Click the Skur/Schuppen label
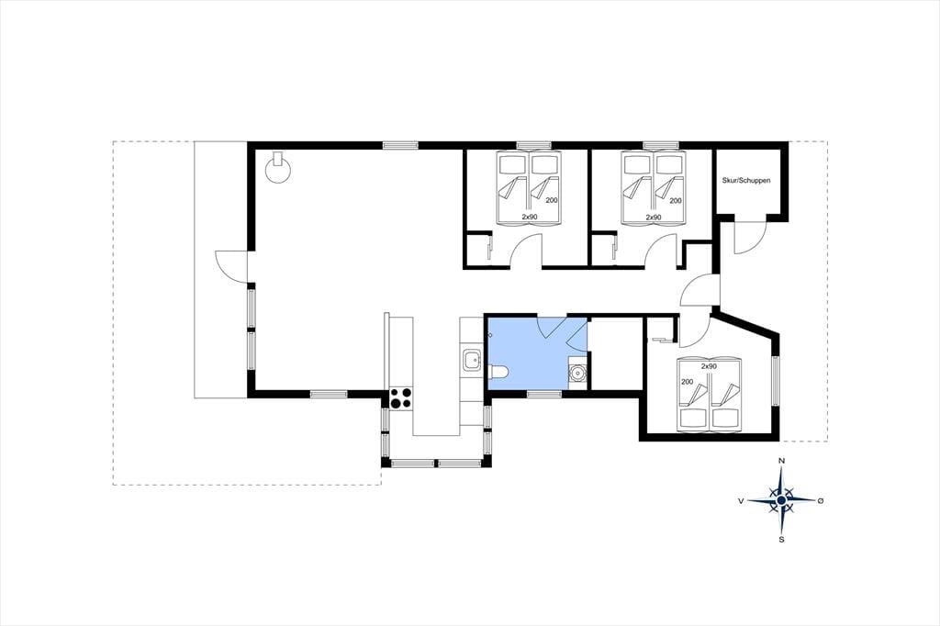[745, 181]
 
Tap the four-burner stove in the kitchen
[401, 398]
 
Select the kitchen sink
[472, 361]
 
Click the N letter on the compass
[781, 461]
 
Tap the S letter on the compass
[781, 539]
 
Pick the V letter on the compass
[741, 500]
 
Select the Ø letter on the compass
[821, 500]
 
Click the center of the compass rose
[781, 500]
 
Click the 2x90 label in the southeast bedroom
[709, 365]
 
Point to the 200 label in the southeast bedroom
[687, 382]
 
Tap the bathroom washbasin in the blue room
[578, 373]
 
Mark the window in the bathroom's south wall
[544, 394]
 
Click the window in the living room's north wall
[400, 144]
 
